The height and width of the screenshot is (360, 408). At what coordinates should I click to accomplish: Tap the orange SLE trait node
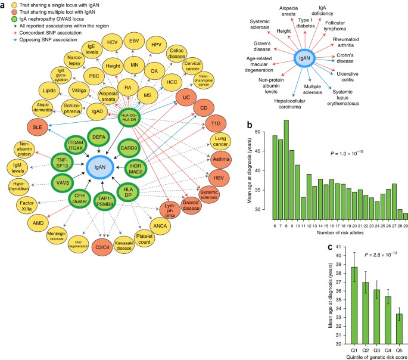tap(38, 126)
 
